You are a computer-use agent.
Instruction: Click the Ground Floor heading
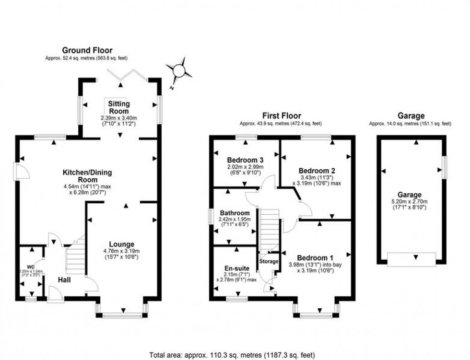tap(87, 50)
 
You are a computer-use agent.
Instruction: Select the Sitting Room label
tap(119, 107)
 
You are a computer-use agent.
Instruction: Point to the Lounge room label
tap(122, 244)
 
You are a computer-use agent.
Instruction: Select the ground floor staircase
tap(75, 259)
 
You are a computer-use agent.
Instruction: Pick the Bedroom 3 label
tap(245, 160)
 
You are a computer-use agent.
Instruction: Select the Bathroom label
tap(235, 213)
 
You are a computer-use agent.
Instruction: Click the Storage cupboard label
tap(269, 261)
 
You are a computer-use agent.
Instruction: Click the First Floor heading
tap(282, 116)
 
